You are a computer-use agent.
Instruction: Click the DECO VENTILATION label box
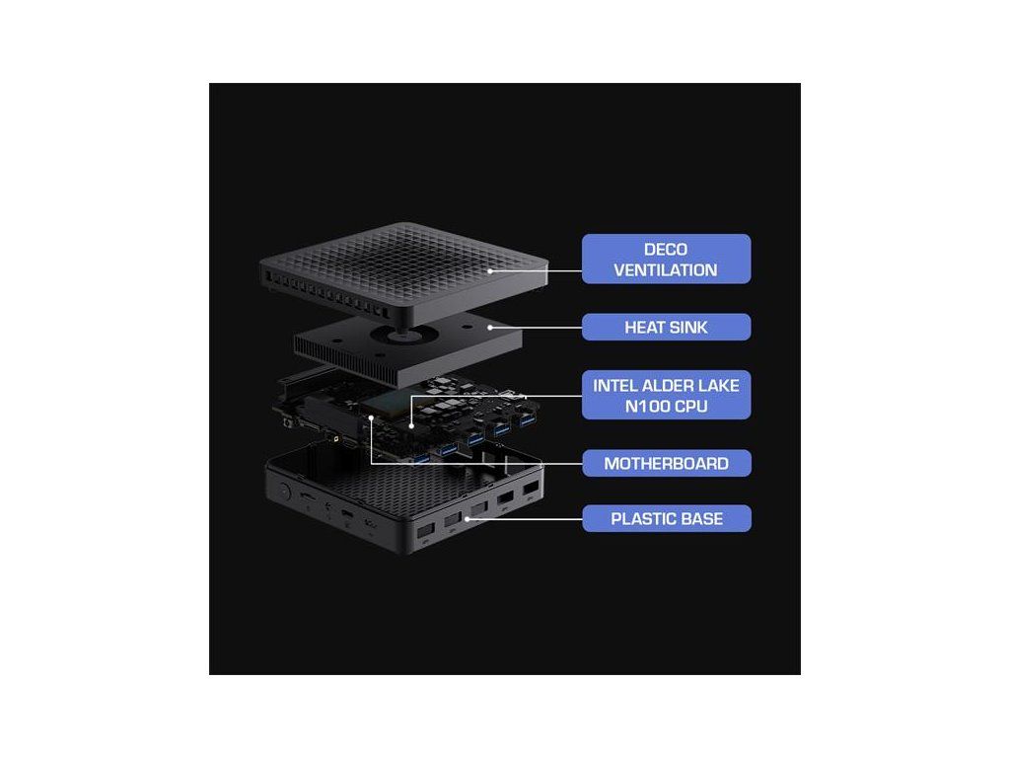tap(666, 259)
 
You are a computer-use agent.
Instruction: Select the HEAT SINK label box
tap(666, 327)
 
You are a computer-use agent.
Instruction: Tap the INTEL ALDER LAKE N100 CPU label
tap(666, 395)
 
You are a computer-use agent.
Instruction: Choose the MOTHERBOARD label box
tap(666, 463)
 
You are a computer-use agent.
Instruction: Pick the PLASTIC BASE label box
tap(666, 518)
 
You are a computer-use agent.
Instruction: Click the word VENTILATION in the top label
tap(666, 269)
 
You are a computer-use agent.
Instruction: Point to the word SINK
tap(687, 327)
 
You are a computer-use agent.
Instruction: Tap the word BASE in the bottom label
tap(701, 518)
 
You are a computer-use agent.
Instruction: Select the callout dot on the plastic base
tap(467, 517)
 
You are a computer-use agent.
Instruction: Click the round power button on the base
tap(285, 491)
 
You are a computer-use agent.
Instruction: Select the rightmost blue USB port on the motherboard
tap(527, 423)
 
